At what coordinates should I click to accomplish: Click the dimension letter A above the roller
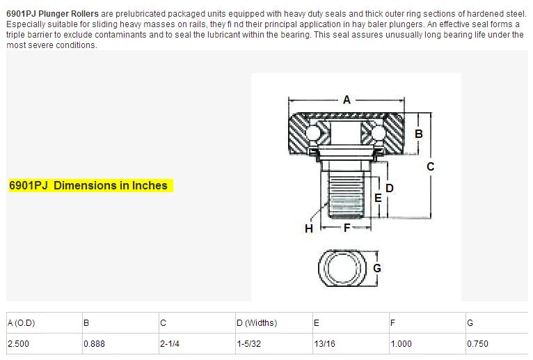tap(347, 100)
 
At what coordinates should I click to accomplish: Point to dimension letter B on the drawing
tap(419, 134)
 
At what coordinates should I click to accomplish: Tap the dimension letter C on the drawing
tap(430, 166)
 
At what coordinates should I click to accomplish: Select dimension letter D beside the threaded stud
tap(390, 188)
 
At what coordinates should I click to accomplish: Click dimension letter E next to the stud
tap(378, 198)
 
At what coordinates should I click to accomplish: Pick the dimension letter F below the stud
tap(346, 228)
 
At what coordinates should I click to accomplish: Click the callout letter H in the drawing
tap(308, 228)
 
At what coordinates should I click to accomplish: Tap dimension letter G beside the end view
tap(376, 267)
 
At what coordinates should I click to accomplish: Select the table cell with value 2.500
tap(18, 343)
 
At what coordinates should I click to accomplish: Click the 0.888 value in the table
tap(95, 343)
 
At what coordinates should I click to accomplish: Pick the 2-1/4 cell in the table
tap(170, 343)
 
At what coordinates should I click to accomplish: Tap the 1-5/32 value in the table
tap(249, 343)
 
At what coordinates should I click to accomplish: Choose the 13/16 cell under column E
tap(324, 343)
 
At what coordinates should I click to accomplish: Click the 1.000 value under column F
tap(401, 343)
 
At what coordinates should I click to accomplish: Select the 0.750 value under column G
tap(478, 343)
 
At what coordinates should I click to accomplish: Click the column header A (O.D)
tap(21, 322)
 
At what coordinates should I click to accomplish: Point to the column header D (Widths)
tap(257, 322)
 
